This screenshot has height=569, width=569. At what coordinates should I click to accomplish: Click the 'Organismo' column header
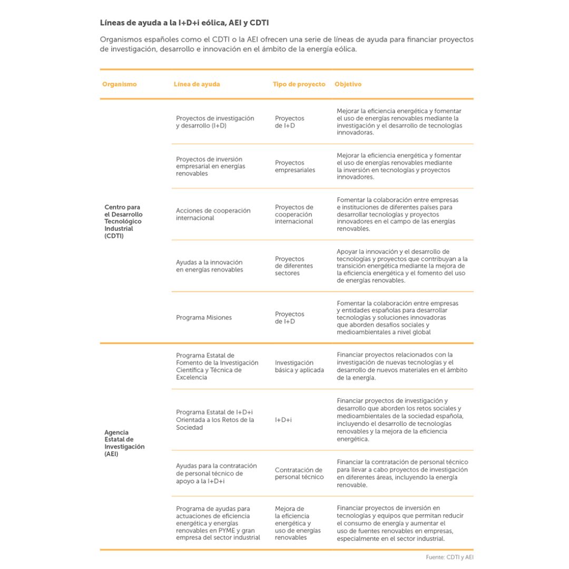coord(120,84)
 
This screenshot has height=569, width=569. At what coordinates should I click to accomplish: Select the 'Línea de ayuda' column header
coord(197,84)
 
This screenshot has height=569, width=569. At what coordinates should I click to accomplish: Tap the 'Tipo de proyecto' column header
coord(299,84)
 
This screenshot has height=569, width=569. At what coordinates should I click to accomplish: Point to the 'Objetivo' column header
coord(348,84)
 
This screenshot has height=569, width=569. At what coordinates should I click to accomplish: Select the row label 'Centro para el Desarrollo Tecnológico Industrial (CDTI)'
coord(124,222)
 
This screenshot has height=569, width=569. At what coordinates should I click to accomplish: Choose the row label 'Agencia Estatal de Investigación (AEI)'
coord(124,443)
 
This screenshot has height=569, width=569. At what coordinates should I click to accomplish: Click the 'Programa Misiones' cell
coord(204,318)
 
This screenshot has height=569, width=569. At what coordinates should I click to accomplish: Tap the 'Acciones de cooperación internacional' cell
coord(213,214)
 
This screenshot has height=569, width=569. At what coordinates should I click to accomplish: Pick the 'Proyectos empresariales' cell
coord(295,166)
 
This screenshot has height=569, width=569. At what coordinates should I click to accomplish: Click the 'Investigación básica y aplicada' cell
coord(299,366)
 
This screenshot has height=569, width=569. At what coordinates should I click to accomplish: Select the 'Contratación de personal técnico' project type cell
coord(299,473)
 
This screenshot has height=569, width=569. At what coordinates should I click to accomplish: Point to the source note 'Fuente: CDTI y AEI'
coord(446,557)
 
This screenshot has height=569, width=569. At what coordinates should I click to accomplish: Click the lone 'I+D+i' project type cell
coord(283,420)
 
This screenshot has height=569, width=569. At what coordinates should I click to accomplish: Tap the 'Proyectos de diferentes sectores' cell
coord(294,266)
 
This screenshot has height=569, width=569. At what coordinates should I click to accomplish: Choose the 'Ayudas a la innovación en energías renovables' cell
coord(210,266)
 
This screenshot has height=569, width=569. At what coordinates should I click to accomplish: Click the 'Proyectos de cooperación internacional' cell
coord(294,214)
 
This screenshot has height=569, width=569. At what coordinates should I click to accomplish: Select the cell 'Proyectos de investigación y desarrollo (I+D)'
coord(215,122)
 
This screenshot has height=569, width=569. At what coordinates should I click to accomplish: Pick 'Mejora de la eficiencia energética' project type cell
coord(298,524)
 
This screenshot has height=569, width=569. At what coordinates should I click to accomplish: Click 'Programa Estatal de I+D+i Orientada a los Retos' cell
coord(215,420)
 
